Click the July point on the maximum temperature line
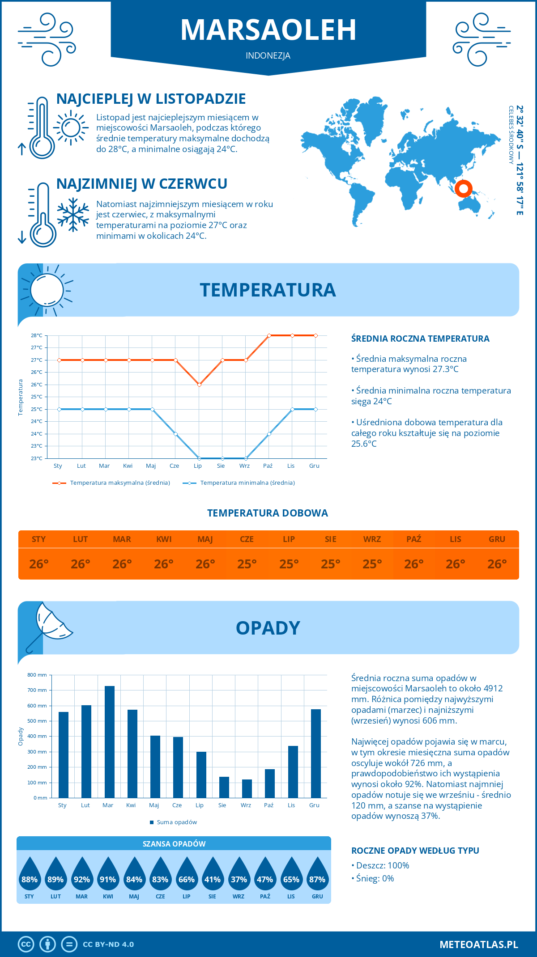coord(199,385)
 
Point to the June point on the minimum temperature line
coord(176,434)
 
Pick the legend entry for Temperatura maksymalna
coord(111,483)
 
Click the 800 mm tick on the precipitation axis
coord(38,675)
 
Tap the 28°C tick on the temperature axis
coord(37,335)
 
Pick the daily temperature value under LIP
coord(289,564)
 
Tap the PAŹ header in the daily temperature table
coord(413,539)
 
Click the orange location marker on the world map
coord(463,188)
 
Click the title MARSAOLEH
coord(268,30)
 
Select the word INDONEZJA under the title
coord(268,55)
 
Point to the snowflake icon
coord(73,215)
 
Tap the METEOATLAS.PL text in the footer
coord(479,944)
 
